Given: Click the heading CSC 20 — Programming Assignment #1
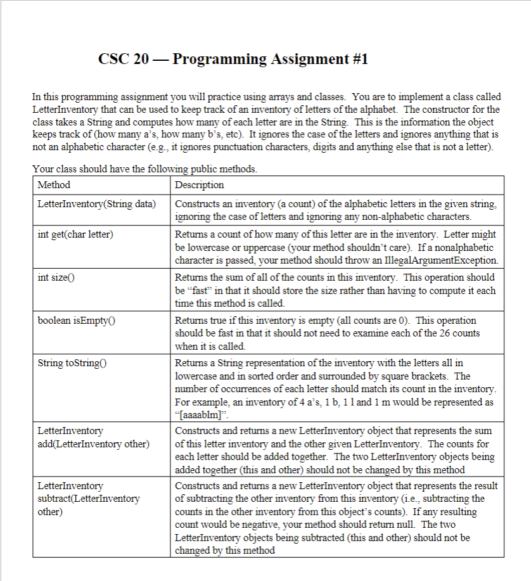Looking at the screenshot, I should coord(233,60).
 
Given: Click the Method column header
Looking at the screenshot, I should coord(54,185).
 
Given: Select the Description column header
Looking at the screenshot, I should coord(199,185).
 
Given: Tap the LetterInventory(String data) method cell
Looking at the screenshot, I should coord(97,205).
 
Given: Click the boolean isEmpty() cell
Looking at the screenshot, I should coord(77,321).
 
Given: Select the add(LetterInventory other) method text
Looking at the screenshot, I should coord(93,444).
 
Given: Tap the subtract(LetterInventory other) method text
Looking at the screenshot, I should coord(89,499).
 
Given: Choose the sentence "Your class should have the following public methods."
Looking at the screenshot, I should coord(144,169).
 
